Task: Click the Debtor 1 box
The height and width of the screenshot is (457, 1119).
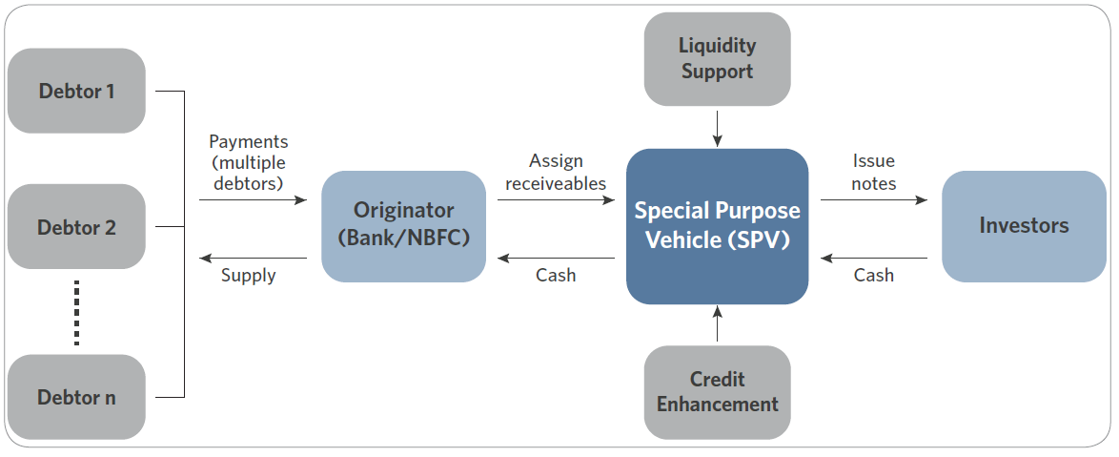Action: tap(76, 91)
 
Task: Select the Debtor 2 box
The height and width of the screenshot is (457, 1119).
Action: tap(76, 226)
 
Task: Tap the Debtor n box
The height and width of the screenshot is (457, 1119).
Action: tap(76, 397)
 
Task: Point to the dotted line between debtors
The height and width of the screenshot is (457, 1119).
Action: tap(76, 313)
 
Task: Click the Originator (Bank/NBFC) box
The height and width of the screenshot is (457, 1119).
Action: tap(404, 226)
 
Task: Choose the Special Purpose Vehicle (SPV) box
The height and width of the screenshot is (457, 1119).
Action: tap(717, 226)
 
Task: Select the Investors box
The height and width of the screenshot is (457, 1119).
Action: tap(1024, 226)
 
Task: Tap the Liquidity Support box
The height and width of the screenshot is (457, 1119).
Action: tap(717, 59)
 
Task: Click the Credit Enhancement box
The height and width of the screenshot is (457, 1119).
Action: tap(717, 392)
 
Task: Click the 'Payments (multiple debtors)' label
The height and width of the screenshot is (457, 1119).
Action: tap(249, 162)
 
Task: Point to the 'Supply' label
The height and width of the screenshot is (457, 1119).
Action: tap(249, 275)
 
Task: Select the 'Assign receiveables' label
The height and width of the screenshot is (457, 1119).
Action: tap(556, 172)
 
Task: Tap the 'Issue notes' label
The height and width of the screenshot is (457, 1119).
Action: tap(873, 172)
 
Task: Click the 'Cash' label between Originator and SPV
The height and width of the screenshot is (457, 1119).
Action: tap(556, 275)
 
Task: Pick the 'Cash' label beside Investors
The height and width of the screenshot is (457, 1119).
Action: tap(873, 275)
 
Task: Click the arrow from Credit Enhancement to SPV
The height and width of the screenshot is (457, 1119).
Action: tap(717, 323)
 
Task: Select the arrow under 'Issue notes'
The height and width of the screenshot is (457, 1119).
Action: tap(874, 200)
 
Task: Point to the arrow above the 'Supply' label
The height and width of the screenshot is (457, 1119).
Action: tap(254, 258)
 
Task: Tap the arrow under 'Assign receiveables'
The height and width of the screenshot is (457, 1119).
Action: tap(556, 200)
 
